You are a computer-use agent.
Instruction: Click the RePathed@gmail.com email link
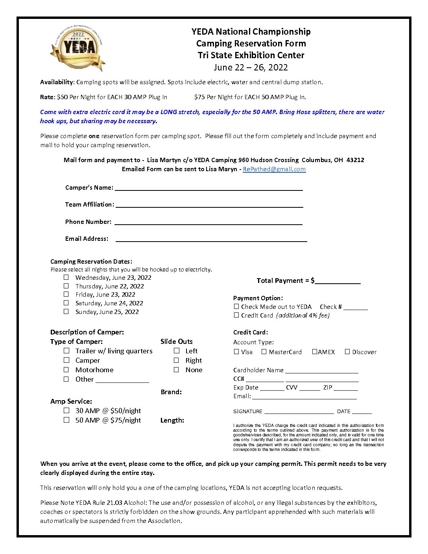tap(274, 169)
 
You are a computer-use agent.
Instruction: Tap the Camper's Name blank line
tap(208, 188)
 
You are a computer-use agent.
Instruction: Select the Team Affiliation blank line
tap(209, 205)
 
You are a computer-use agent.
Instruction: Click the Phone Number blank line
tap(208, 222)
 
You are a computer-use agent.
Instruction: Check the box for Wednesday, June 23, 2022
tap(66, 277)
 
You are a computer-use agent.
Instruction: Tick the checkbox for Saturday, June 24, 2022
tap(66, 303)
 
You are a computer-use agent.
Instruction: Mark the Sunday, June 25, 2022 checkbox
tap(66, 312)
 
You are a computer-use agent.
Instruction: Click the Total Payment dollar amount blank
tap(338, 281)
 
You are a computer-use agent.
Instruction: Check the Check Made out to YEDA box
tap(236, 307)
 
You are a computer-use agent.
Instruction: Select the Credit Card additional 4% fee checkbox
tap(236, 315)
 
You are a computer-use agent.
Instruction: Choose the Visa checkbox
tap(236, 352)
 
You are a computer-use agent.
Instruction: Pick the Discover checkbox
tap(347, 352)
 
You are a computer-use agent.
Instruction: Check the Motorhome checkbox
tap(66, 370)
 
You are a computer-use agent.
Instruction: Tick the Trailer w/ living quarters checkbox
tap(66, 351)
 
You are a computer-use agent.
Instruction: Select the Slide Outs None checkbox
tap(177, 370)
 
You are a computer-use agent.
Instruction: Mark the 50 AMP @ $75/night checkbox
tap(66, 420)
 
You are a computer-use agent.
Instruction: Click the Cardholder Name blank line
tap(322, 371)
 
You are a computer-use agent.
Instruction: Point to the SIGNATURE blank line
tap(299, 412)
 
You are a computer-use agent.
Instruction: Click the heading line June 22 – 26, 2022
tap(251, 67)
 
